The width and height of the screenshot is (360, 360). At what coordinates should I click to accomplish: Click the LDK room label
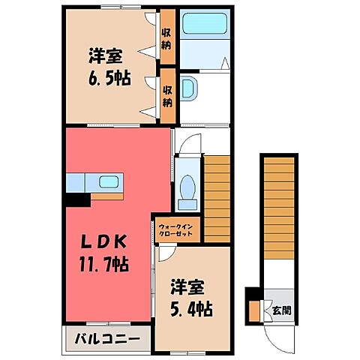[104, 243]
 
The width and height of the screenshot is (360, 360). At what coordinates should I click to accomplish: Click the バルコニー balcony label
[106, 340]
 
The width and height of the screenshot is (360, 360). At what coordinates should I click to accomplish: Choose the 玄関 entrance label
[277, 309]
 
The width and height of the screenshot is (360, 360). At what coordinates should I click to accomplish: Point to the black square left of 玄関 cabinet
[254, 295]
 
